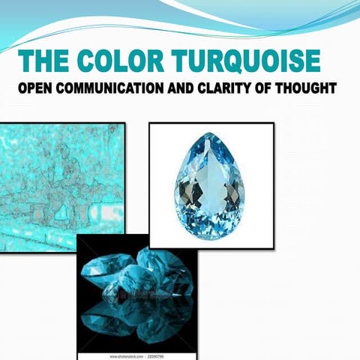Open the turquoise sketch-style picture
(x=61, y=187)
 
